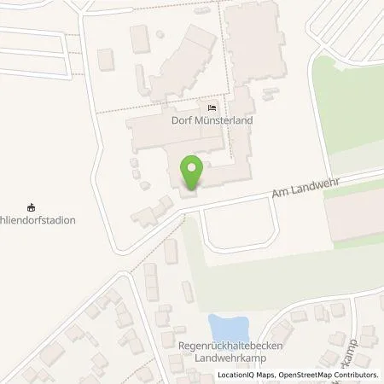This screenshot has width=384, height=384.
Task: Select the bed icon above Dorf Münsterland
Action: [211, 108]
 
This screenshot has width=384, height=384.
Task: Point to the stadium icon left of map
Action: [32, 207]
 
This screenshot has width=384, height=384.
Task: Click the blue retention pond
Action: [229, 328]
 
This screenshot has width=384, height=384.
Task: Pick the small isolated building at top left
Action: [106, 60]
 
